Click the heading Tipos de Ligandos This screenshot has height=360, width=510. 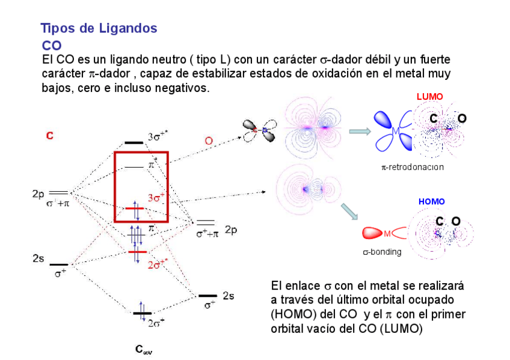(x=99, y=28)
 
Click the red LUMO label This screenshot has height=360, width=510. (x=429, y=97)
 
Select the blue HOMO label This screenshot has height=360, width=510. (x=431, y=201)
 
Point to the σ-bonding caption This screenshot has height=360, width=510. (x=382, y=252)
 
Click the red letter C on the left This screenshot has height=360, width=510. (x=50, y=136)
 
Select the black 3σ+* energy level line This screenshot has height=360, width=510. (x=133, y=143)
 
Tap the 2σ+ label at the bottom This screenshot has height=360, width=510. (x=156, y=322)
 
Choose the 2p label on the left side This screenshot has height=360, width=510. (x=38, y=194)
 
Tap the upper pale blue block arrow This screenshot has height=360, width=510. (x=359, y=131)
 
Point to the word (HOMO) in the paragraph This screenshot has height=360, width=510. (x=291, y=314)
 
